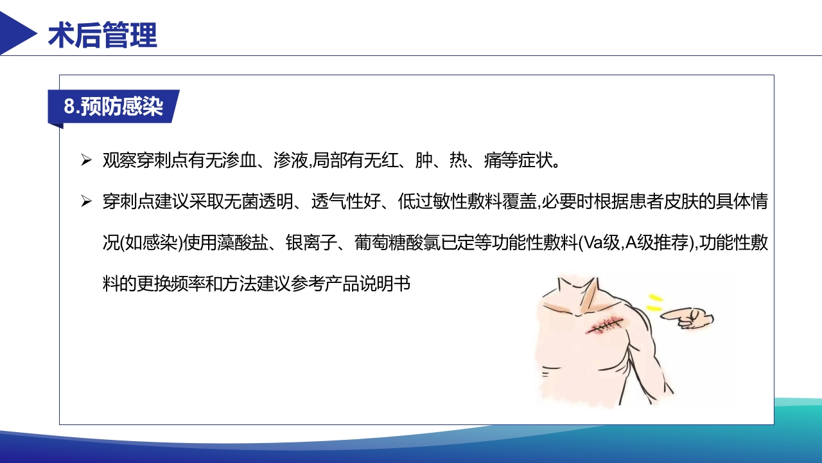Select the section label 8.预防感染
click(x=114, y=106)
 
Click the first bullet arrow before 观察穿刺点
click(x=86, y=160)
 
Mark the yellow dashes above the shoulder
click(x=654, y=303)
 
